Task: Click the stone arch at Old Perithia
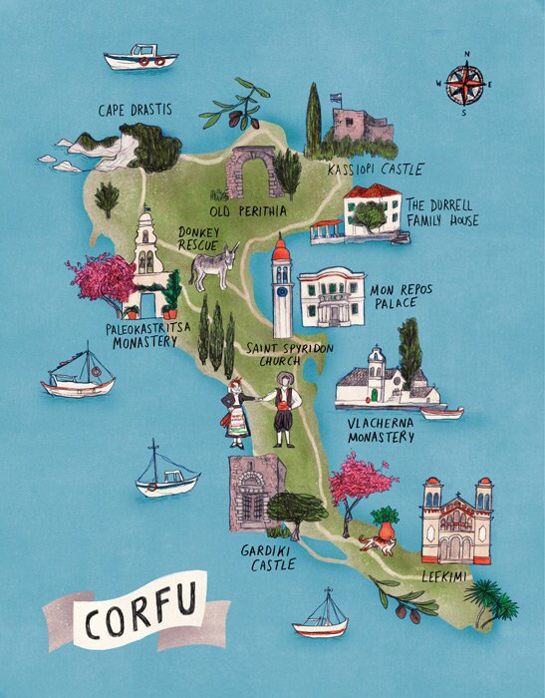pyautogui.click(x=250, y=172)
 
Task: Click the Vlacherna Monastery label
pyautogui.click(x=380, y=430)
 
